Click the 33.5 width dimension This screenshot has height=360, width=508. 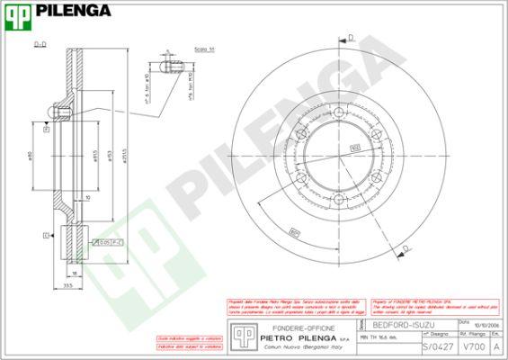pos(68,286)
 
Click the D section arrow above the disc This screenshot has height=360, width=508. pos(348,38)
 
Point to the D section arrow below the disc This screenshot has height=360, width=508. pos(405,248)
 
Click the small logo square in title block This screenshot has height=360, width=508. pos(241,336)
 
